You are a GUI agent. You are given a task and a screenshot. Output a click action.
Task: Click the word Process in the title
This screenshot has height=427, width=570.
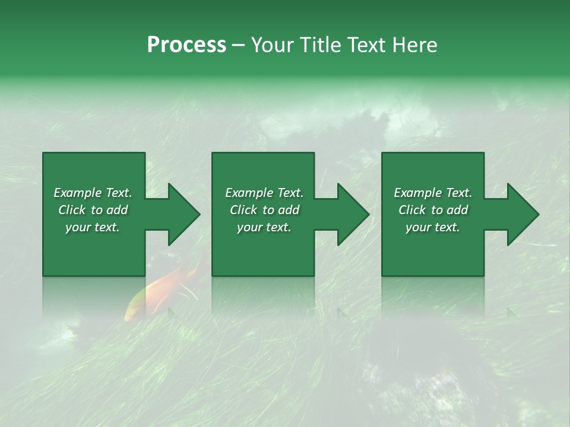point(186,45)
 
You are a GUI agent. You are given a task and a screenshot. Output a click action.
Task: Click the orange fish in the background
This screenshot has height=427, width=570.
point(163,288)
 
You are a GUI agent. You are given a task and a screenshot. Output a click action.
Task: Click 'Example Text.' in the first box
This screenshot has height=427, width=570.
point(93,193)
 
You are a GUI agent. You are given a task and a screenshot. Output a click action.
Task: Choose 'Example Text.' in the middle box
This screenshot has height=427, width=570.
point(264,193)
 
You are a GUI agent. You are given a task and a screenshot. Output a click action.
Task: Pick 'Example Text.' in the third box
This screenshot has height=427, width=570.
point(433,193)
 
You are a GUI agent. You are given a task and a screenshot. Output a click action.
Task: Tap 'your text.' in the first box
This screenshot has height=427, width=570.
point(93,227)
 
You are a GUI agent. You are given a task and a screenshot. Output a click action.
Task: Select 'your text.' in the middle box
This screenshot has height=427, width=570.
point(264,227)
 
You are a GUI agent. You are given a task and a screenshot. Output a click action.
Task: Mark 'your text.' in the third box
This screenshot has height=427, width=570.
point(433,227)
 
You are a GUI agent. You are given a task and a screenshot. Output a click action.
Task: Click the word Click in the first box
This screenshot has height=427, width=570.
point(72,210)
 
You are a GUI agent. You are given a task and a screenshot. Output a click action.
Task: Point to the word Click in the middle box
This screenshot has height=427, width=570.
point(243,210)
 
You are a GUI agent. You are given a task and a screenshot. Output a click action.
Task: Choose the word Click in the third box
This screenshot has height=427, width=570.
point(413,210)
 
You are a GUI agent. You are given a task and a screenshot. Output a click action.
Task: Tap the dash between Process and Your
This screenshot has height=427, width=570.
point(239,46)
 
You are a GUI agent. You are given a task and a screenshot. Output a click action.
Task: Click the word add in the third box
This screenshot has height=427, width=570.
point(458,210)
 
